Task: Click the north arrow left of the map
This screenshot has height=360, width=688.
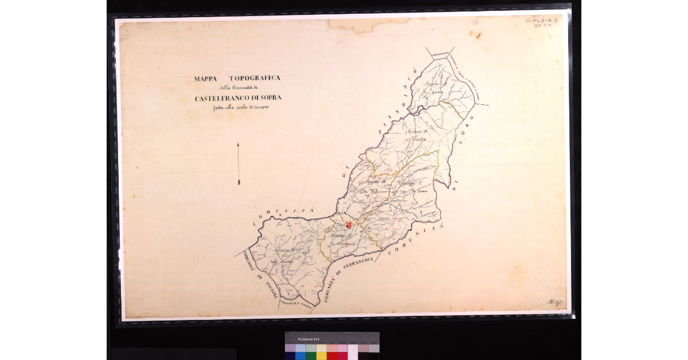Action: point(238,164)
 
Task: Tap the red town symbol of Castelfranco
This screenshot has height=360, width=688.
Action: point(349,226)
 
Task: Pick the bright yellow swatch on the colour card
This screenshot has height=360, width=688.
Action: point(321,355)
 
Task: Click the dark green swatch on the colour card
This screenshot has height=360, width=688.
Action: point(310,355)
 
